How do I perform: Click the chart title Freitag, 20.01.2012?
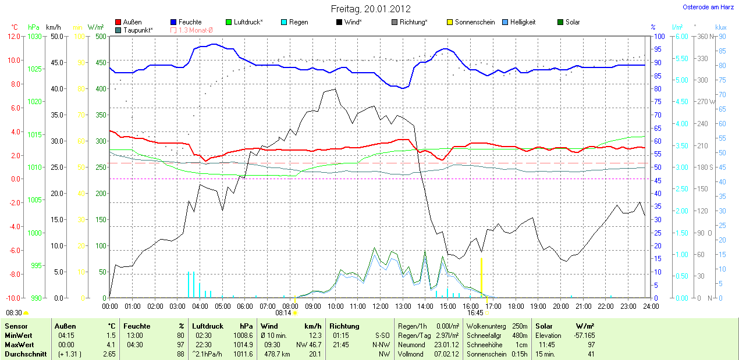(370, 9)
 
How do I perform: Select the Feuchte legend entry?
(190, 22)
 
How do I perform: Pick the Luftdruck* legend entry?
(248, 22)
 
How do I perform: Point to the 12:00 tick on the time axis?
(380, 306)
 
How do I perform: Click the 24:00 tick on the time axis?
(651, 306)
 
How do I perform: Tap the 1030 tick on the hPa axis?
(35, 36)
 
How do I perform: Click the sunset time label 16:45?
(475, 312)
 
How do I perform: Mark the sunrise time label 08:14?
(283, 312)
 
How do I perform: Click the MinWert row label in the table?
(17, 336)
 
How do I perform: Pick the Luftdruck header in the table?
(206, 326)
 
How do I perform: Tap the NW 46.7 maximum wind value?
(309, 344)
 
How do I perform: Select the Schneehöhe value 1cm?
(517, 344)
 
